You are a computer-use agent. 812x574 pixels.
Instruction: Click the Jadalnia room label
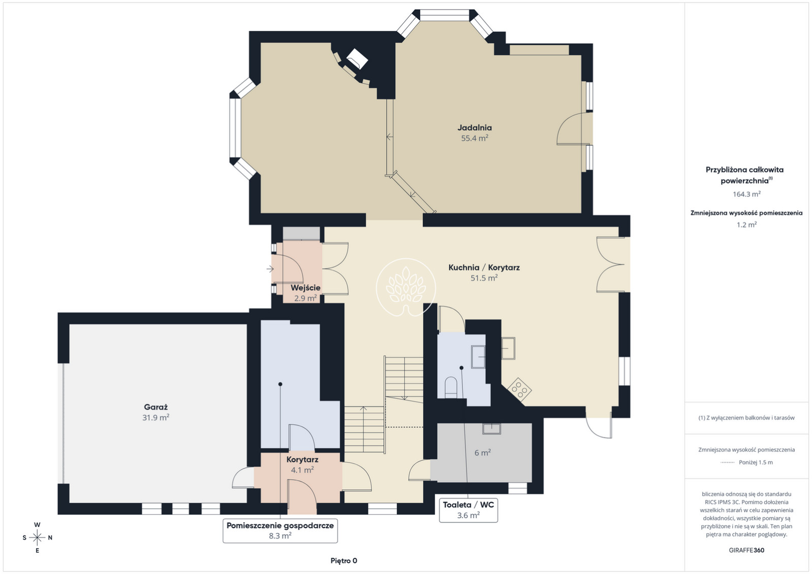[475, 127]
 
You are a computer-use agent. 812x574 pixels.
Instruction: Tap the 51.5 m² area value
[484, 278]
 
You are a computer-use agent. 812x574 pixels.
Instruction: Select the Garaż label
[155, 407]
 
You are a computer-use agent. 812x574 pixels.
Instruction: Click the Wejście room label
[305, 288]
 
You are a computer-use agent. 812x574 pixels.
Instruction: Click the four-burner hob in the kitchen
[519, 390]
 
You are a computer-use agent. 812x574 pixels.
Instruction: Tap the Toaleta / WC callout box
[469, 510]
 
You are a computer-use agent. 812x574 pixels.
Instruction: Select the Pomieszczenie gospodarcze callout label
[280, 530]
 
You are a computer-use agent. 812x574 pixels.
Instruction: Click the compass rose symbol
[37, 537]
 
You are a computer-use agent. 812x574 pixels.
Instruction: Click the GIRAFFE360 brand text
[746, 550]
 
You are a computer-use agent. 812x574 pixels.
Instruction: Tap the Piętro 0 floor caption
[343, 561]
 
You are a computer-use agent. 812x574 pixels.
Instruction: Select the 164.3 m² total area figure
[746, 194]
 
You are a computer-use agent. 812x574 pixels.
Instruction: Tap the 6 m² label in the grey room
[483, 452]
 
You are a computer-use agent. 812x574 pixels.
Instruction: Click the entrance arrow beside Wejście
[270, 268]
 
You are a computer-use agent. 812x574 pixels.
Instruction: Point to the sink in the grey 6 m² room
[491, 429]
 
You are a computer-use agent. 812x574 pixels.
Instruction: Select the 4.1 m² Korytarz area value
[302, 469]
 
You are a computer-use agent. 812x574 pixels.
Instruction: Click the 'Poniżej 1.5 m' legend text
[756, 462]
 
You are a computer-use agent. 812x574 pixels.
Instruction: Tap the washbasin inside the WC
[478, 357]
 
